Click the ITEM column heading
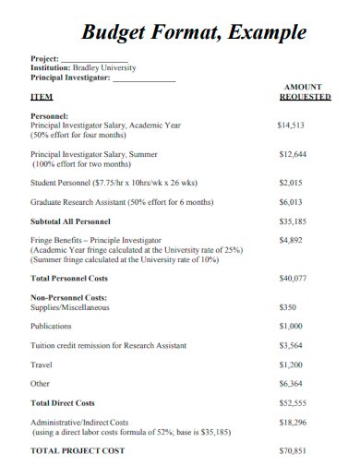coord(42,96)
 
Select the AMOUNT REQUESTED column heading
coord(305,90)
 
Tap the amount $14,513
coord(292,125)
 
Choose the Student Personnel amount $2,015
coord(292,183)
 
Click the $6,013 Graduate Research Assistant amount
coord(292,202)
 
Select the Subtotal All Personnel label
coord(70,221)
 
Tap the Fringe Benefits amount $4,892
coord(292,240)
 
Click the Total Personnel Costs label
coord(69,278)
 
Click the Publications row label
coord(52,326)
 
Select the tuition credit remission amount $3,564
coord(292,346)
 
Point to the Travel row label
coord(41,364)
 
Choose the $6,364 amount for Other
coord(292,383)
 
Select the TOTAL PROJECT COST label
coord(78,450)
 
